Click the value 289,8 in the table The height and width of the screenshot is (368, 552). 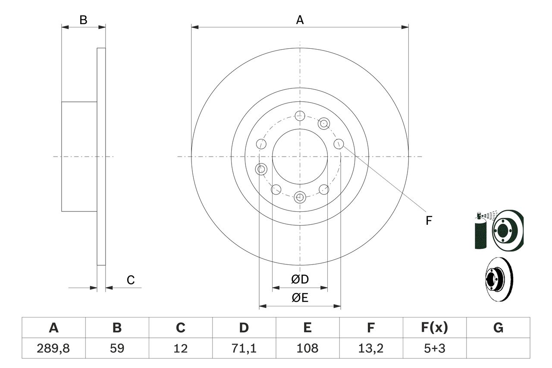[53, 348]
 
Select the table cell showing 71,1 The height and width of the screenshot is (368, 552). [244, 348]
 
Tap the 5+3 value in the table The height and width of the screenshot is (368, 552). [435, 348]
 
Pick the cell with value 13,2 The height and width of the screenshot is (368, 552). [371, 348]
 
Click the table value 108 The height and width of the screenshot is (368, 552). [307, 348]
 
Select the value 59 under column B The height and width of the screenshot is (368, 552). [117, 348]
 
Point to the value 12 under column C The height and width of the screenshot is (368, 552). [181, 348]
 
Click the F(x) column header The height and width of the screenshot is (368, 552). [435, 328]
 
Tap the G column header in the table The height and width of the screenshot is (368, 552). [498, 328]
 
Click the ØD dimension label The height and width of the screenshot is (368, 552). [300, 280]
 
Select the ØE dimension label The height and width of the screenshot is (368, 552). [300, 298]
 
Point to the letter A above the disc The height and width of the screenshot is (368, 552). [300, 20]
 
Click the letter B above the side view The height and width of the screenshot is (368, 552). [84, 20]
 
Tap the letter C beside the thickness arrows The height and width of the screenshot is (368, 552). [131, 280]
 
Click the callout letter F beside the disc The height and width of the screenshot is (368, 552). [429, 221]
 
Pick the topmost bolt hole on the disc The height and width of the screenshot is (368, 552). [300, 115]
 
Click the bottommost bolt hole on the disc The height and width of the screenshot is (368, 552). [300, 198]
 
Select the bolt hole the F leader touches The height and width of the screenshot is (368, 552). [339, 144]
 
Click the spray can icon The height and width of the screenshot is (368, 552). [480, 232]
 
